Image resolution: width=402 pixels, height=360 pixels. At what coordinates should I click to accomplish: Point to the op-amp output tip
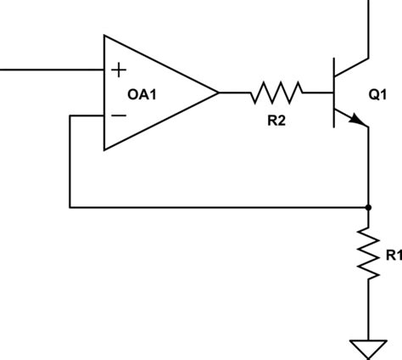tap(218, 93)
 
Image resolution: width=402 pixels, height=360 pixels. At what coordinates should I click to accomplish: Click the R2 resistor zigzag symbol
tap(276, 93)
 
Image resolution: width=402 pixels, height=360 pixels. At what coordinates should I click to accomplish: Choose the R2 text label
tap(276, 121)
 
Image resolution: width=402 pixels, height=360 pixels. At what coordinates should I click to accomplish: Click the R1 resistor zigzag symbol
tap(367, 252)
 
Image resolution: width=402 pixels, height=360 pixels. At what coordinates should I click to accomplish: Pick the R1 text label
tap(392, 254)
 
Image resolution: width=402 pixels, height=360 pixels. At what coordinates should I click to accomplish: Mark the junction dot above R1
tap(367, 206)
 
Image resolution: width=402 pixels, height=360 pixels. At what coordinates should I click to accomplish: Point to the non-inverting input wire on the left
tap(51, 69)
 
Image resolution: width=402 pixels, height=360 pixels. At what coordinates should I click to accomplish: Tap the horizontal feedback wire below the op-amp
tap(212, 206)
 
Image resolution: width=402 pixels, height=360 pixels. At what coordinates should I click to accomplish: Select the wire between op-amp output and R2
tap(235, 93)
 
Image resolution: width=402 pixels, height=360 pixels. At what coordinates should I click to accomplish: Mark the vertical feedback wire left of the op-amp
tap(70, 161)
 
